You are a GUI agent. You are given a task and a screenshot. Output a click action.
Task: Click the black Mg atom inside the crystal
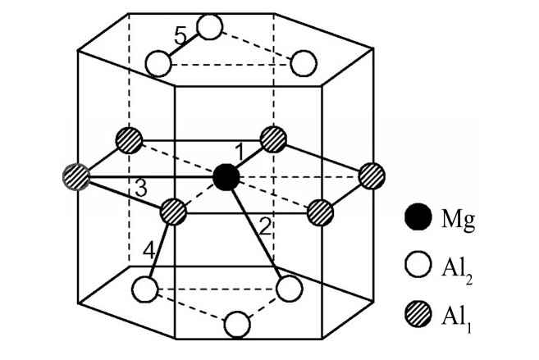(226, 177)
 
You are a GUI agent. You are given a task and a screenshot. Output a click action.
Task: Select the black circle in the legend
(418, 216)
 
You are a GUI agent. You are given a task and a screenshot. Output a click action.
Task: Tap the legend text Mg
(459, 220)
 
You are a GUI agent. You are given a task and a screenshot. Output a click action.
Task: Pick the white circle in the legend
(418, 265)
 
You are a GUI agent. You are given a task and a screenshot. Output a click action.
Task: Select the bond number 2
(265, 227)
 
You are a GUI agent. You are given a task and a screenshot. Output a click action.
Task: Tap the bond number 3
(141, 189)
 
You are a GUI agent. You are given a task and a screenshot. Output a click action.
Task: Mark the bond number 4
(149, 250)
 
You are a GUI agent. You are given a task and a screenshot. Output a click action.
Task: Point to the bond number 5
(180, 36)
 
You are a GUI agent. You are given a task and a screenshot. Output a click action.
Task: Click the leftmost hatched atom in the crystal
(76, 177)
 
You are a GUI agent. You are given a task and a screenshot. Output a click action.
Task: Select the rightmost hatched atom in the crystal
(372, 175)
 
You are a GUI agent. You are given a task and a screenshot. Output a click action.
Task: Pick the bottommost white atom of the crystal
(237, 324)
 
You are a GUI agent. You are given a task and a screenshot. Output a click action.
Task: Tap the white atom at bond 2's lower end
(290, 289)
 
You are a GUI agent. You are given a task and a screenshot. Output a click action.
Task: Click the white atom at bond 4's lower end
(144, 289)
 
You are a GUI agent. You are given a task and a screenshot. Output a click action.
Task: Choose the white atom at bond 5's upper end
(210, 27)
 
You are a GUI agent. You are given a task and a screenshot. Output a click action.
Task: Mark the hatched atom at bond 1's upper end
(274, 139)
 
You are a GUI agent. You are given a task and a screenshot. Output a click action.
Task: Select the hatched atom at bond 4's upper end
(173, 212)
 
